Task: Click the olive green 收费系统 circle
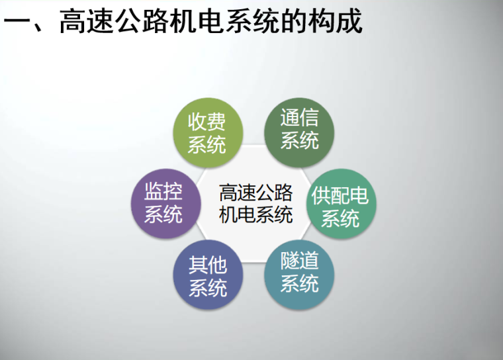pos(207,132)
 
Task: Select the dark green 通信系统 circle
pos(299,129)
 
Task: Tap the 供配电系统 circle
pos(340,206)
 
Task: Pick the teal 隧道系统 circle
pos(299,272)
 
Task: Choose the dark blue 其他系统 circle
pos(207,277)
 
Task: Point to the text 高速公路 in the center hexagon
pos(255,194)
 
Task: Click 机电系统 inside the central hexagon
pos(255,214)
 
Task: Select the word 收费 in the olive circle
pos(207,121)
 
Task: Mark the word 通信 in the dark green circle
pos(299,118)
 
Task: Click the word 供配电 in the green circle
pos(340,196)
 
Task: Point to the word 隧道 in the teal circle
pos(299,261)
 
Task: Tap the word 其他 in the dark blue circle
pos(207,266)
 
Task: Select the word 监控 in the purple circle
pos(163,192)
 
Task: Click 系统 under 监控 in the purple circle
pos(163,214)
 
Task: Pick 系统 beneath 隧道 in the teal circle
pos(299,283)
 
